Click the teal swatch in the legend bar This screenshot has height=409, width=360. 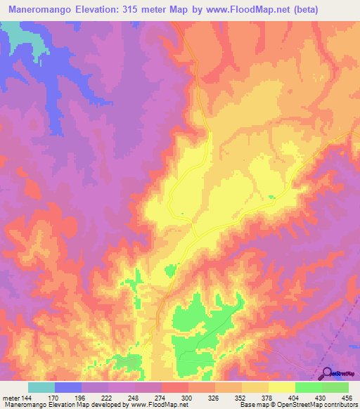point(41,387)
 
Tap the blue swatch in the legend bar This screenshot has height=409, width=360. point(68,387)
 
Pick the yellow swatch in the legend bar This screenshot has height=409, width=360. point(282,387)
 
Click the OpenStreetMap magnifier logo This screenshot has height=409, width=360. point(326,373)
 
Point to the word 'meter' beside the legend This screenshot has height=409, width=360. point(11,397)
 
